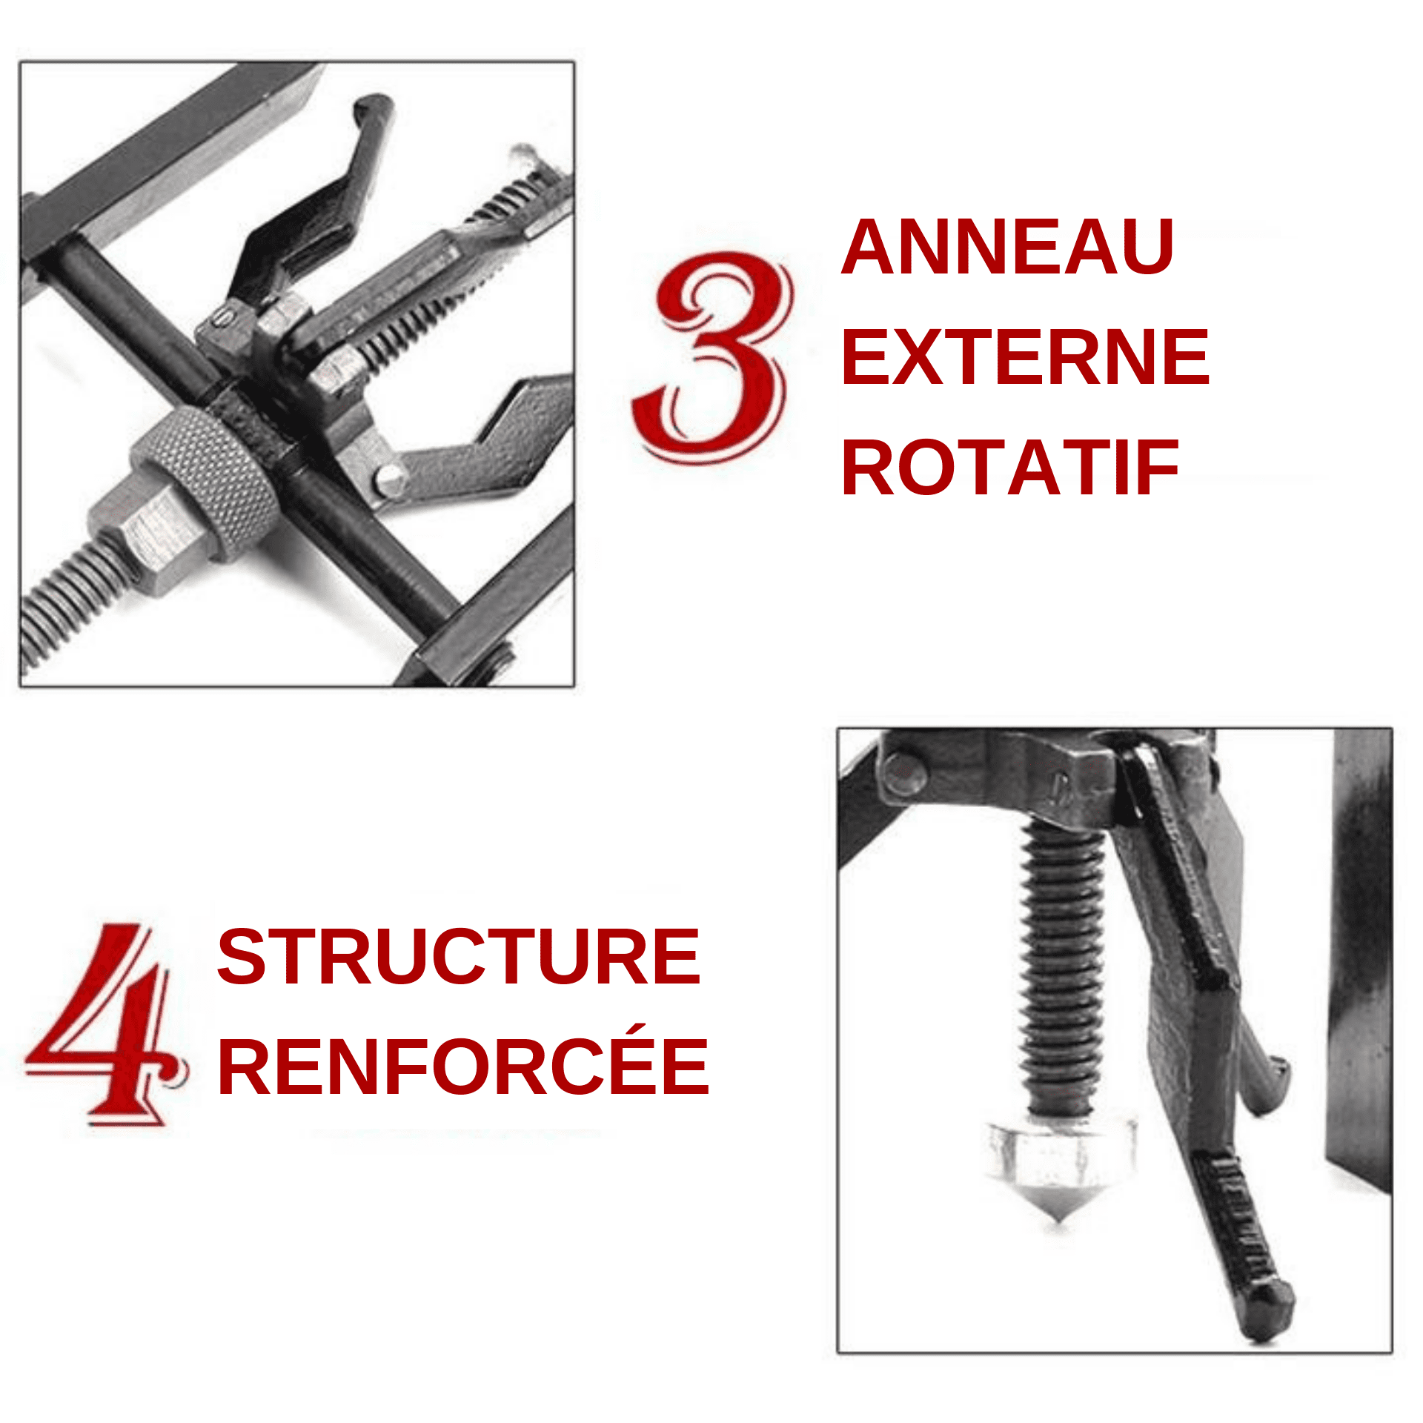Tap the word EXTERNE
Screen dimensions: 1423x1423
(x=1025, y=357)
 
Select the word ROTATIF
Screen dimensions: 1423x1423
(x=1009, y=468)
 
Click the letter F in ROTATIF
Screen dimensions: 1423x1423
(x=1159, y=468)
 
